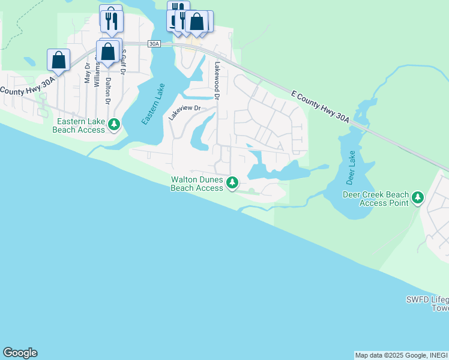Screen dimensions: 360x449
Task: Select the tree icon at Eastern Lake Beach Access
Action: (x=113, y=125)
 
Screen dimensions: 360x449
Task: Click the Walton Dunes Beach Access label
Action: (x=197, y=184)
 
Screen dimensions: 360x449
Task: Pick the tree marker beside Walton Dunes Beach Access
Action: (x=232, y=182)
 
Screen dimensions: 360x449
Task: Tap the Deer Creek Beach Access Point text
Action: (x=376, y=199)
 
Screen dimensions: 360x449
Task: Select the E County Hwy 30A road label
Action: (x=319, y=107)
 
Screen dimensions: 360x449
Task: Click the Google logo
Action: (x=20, y=353)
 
